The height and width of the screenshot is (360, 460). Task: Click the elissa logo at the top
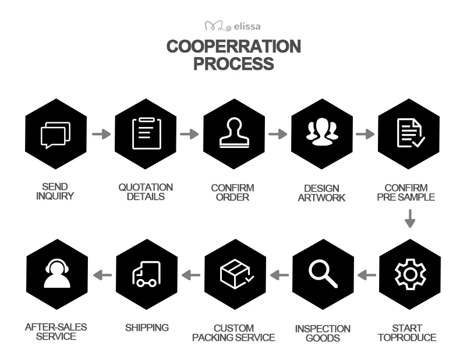[x=233, y=26]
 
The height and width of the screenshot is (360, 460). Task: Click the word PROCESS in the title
[x=233, y=63]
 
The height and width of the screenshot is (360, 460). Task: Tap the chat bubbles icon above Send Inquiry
[x=55, y=135]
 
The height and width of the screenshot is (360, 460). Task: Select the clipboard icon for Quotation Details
[x=147, y=133]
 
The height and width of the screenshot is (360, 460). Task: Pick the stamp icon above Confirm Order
[x=234, y=132]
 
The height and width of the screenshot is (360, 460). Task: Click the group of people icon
[x=322, y=132]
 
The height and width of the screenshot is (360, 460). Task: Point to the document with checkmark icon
[x=411, y=133]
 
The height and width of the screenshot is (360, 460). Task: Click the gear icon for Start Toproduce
[x=410, y=274]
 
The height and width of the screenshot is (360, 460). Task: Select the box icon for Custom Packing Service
[x=236, y=274]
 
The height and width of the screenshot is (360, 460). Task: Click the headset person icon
[x=57, y=273]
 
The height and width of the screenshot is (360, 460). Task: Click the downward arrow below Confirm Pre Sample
[x=410, y=218]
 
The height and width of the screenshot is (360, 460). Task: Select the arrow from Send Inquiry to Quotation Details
[x=101, y=134]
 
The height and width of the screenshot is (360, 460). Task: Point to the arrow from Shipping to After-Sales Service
[x=102, y=275]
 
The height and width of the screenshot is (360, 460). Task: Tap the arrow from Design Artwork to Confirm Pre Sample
[x=365, y=134]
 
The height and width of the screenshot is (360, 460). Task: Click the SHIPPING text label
[x=147, y=327]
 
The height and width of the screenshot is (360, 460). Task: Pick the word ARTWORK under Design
[x=321, y=197]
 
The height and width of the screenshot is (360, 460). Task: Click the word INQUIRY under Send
[x=55, y=196]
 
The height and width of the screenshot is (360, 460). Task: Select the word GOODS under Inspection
[x=323, y=338]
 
